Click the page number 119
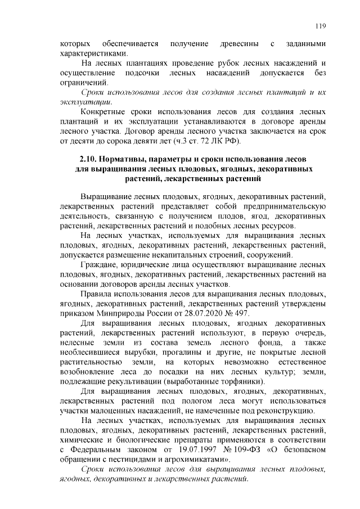(321, 25)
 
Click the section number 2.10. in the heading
(92, 159)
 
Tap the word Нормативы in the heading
(130, 159)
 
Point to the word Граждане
(100, 265)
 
